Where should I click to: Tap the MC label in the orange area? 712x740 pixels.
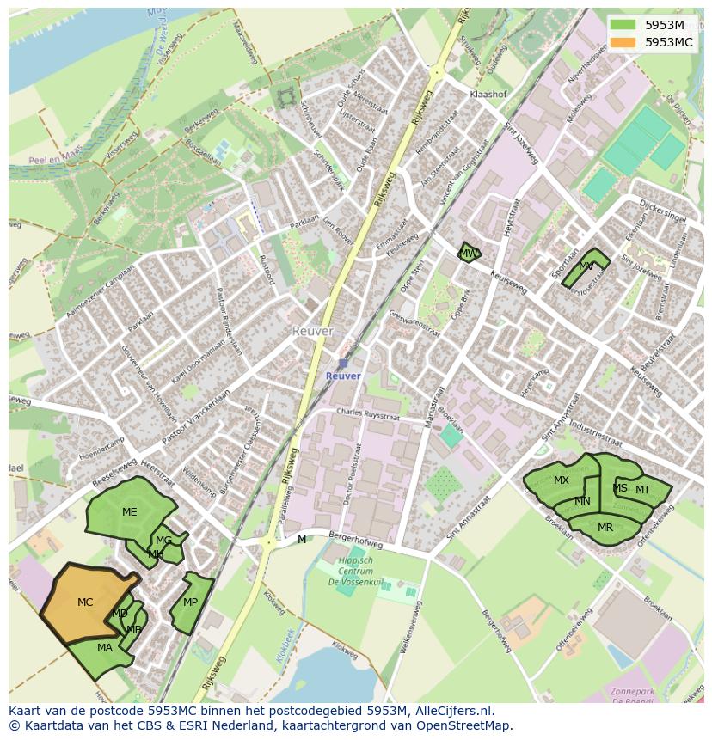coord(85,602)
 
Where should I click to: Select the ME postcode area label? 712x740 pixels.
coord(129,512)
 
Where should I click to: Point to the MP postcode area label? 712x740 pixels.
coord(190,602)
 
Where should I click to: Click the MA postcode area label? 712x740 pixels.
coord(105,648)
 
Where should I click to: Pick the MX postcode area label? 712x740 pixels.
coord(562,480)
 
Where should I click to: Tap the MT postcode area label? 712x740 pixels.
coord(642,490)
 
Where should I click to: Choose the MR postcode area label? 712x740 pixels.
coord(605,528)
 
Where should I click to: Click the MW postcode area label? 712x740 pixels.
coord(468,254)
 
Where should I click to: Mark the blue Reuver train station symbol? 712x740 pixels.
coord(343,364)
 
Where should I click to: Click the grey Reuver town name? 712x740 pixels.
coord(312,331)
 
